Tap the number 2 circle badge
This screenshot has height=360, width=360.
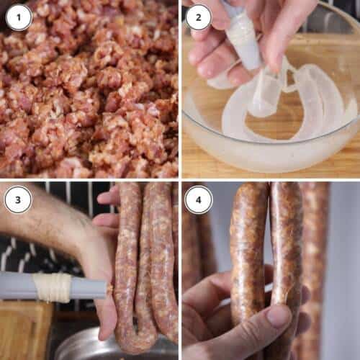[x=199, y=17]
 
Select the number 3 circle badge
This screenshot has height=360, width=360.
[x=18, y=199]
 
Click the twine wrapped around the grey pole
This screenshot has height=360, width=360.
[x=53, y=287]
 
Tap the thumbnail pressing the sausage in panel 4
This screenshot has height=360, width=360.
[x=279, y=316]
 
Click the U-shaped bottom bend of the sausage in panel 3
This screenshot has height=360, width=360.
[x=137, y=340]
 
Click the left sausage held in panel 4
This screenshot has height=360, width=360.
[x=248, y=252]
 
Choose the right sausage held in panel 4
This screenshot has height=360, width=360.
[x=286, y=245]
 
